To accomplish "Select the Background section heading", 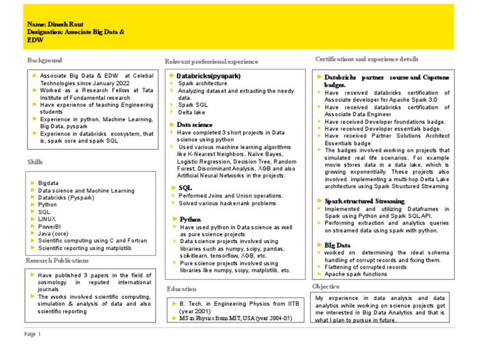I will tap(44, 60).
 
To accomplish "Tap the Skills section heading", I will tap(35, 162).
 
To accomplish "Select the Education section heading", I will tap(181, 289).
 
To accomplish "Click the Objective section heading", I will tap(326, 286).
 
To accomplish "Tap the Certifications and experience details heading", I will tap(367, 58).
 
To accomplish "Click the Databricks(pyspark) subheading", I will tap(209, 76).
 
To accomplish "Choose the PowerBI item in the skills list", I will tap(49, 226).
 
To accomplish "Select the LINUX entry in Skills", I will tap(48, 219).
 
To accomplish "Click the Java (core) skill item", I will tap(55, 233).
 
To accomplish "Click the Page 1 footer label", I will tap(32, 334).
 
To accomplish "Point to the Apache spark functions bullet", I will tap(356, 274).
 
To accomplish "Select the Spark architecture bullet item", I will tap(202, 83).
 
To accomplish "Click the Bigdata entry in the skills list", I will tap(51, 182).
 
